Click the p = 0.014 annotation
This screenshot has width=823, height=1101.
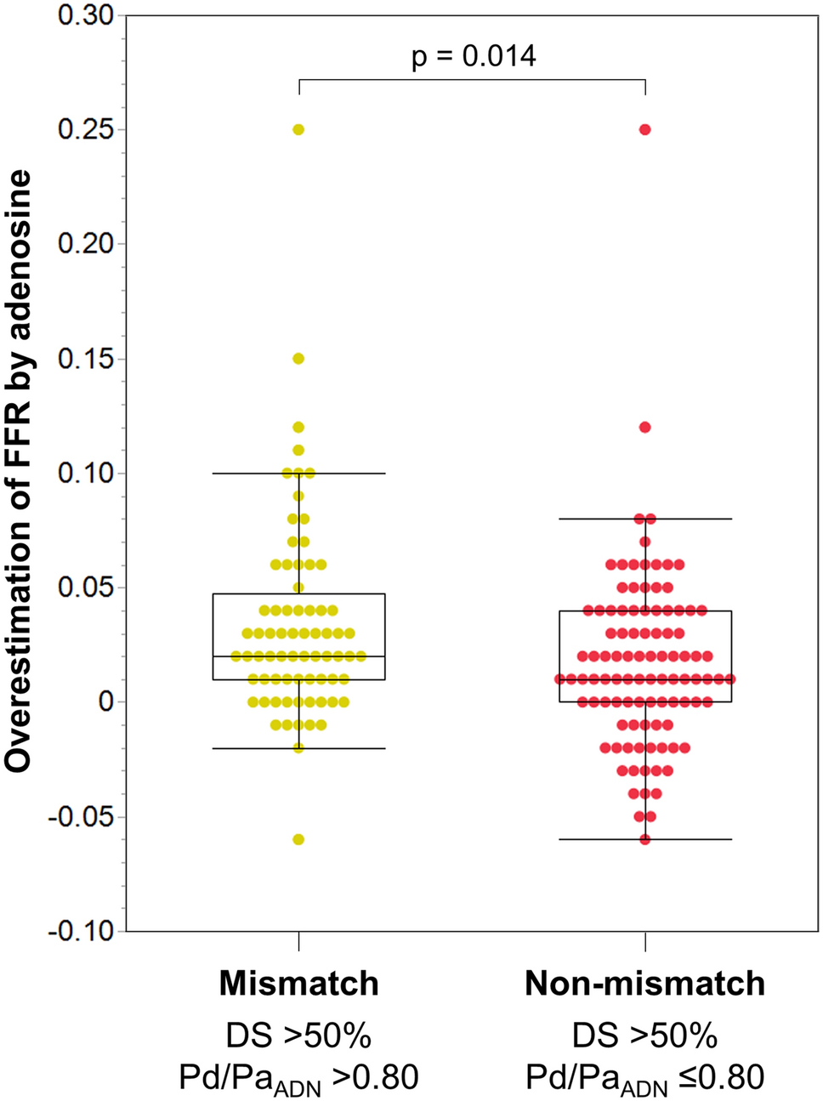click(x=474, y=57)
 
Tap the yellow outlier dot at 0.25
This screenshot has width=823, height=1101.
click(x=298, y=129)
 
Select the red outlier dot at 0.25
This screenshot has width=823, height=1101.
click(x=645, y=129)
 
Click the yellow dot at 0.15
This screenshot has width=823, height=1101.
click(x=298, y=359)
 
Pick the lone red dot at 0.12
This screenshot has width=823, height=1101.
click(x=645, y=427)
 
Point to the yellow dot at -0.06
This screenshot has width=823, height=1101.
click(x=298, y=839)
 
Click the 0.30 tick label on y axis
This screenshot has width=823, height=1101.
click(x=86, y=15)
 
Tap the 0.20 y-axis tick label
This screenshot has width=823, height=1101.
click(x=86, y=244)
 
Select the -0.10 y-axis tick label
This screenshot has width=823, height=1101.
click(x=82, y=931)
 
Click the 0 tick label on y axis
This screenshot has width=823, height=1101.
click(x=105, y=702)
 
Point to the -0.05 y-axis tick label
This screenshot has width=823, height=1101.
click(x=82, y=817)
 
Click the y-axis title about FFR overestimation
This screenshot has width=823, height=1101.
click(x=19, y=472)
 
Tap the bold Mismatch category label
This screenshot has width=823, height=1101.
click(x=298, y=984)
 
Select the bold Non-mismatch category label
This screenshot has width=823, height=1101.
click(x=644, y=984)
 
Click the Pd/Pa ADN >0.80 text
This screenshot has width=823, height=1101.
click(x=298, y=1078)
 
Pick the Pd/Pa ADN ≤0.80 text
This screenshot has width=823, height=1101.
click(x=644, y=1078)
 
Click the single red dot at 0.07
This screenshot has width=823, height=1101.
click(x=645, y=542)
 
